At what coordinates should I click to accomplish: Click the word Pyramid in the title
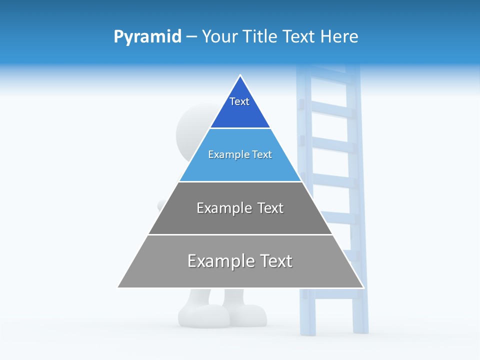pyautogui.click(x=147, y=37)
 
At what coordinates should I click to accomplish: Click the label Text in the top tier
pyautogui.click(x=239, y=101)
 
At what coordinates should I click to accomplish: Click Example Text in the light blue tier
pyautogui.click(x=240, y=154)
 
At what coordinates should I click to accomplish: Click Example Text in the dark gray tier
pyautogui.click(x=240, y=208)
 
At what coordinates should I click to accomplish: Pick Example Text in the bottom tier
pyautogui.click(x=240, y=261)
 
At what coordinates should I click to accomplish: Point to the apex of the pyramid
pyautogui.click(x=240, y=75)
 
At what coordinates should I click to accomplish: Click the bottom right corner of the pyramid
pyautogui.click(x=363, y=287)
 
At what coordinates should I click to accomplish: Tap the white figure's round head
pyautogui.click(x=192, y=130)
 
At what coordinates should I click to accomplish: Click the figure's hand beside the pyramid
pyautogui.click(x=161, y=204)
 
